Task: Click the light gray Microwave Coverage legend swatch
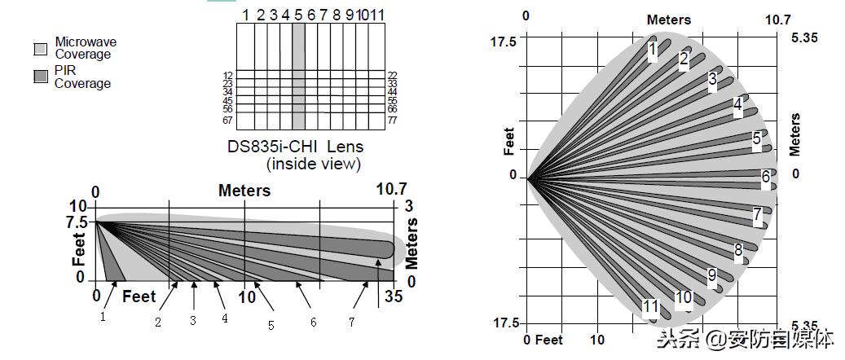tap(41, 49)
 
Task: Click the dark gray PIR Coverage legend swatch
tap(41, 77)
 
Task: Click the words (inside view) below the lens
tap(313, 164)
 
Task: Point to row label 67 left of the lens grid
tap(227, 121)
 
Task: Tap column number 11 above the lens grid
tap(377, 15)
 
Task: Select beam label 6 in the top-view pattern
tap(766, 178)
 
